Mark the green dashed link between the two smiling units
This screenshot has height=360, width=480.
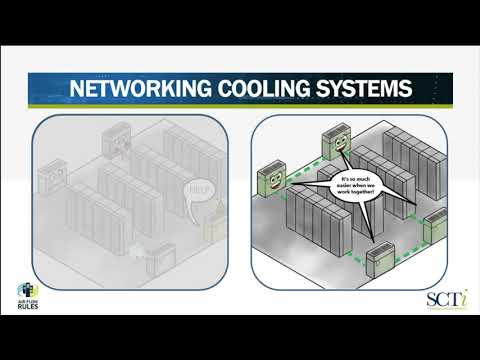(x=299, y=167)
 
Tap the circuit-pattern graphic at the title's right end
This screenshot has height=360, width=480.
(x=430, y=88)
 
